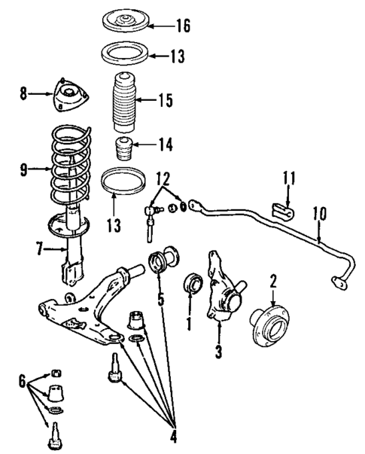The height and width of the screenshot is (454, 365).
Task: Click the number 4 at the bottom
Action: pyautogui.click(x=175, y=435)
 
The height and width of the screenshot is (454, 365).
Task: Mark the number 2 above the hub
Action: pyautogui.click(x=274, y=282)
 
